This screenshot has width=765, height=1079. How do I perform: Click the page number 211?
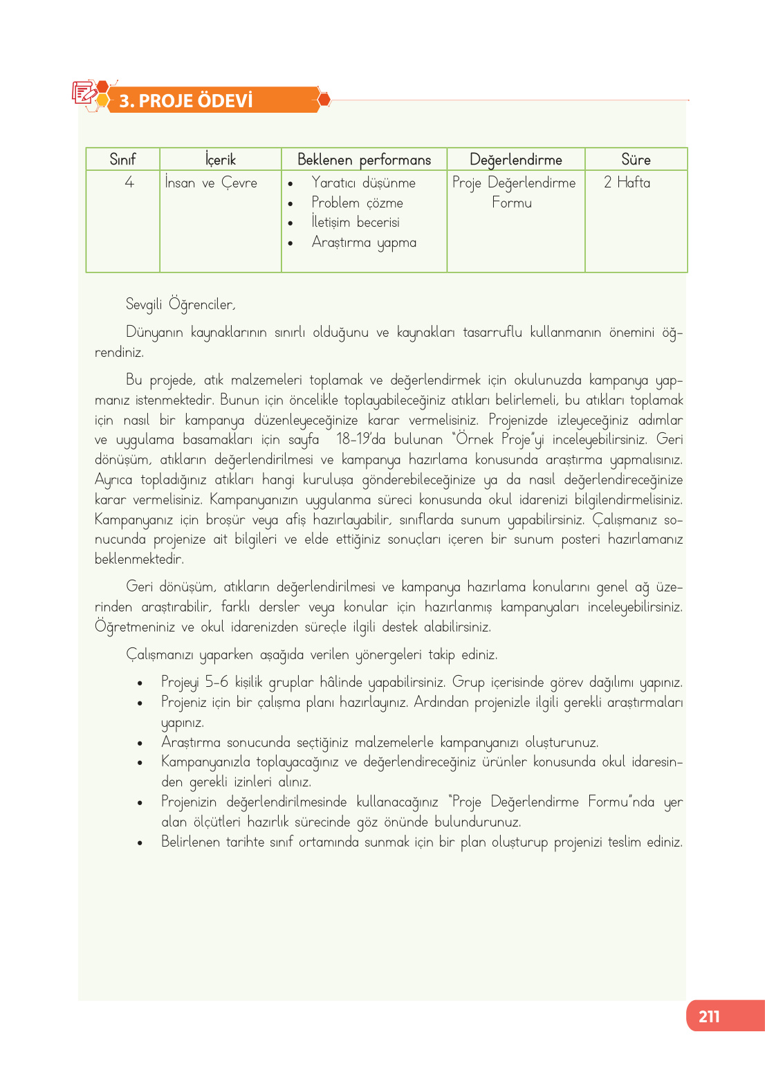click(x=709, y=1016)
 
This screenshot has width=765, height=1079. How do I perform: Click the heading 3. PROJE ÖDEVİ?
click(x=185, y=101)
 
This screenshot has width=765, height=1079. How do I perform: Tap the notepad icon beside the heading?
click(x=84, y=93)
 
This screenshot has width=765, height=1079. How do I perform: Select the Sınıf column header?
click(x=122, y=160)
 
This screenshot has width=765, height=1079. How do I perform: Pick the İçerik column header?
click(x=221, y=160)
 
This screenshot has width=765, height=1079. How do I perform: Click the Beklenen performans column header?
click(x=364, y=160)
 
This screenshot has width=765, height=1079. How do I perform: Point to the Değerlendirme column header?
click(x=515, y=160)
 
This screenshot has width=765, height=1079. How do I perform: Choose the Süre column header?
click(x=636, y=160)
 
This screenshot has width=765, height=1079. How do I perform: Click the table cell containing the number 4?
click(x=129, y=183)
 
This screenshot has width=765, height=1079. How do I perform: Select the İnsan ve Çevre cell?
click(x=211, y=183)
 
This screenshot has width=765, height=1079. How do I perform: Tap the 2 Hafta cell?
click(x=627, y=183)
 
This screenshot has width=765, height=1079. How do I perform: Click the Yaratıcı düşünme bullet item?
click(x=363, y=183)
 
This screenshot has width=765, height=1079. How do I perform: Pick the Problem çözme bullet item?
click(x=357, y=203)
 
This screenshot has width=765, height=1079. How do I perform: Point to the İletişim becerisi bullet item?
click(x=356, y=222)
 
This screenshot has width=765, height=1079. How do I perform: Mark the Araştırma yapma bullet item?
click(x=364, y=242)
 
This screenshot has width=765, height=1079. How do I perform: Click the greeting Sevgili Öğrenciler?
click(x=181, y=304)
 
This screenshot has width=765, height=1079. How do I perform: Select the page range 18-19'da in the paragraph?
click(x=360, y=439)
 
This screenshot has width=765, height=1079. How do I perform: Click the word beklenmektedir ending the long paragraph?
click(x=139, y=559)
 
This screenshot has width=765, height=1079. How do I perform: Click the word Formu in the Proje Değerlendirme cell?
click(x=512, y=203)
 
